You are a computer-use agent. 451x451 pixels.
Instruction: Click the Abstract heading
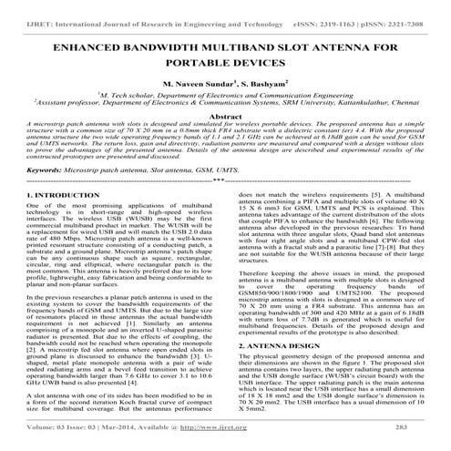pos(225,118)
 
